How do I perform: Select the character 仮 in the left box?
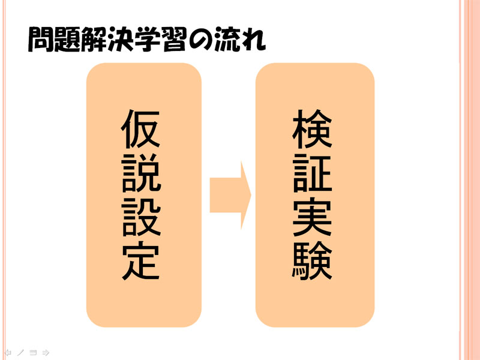click(141, 129)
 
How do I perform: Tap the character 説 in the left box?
click(141, 172)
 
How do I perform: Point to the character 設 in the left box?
click(141, 216)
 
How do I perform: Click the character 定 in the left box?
click(141, 260)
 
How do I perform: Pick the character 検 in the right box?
click(312, 129)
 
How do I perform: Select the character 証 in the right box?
click(312, 173)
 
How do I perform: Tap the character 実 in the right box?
click(312, 217)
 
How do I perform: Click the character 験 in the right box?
click(312, 260)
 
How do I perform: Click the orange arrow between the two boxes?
click(230, 195)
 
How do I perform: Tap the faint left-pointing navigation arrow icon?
click(8, 352)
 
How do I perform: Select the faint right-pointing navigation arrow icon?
click(46, 352)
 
